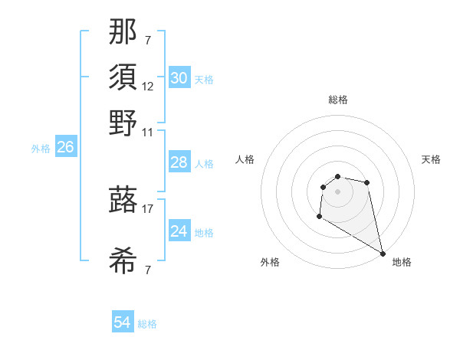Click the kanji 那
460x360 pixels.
click(123, 31)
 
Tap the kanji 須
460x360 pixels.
click(123, 77)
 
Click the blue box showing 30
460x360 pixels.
click(179, 78)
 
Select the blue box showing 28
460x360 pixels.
click(179, 162)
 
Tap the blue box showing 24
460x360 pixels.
click(179, 231)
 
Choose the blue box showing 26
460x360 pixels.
click(65, 147)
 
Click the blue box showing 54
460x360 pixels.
click(122, 322)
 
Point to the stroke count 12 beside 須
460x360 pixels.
click(148, 86)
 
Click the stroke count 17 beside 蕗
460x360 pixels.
click(148, 208)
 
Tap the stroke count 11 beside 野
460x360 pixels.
click(148, 131)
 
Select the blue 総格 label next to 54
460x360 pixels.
click(147, 324)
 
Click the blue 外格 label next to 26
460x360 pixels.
click(41, 149)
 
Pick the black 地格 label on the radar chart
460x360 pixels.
click(402, 263)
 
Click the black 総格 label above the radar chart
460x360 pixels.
click(337, 100)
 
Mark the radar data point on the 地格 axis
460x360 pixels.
click(383, 253)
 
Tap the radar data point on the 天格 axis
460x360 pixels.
click(367, 182)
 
